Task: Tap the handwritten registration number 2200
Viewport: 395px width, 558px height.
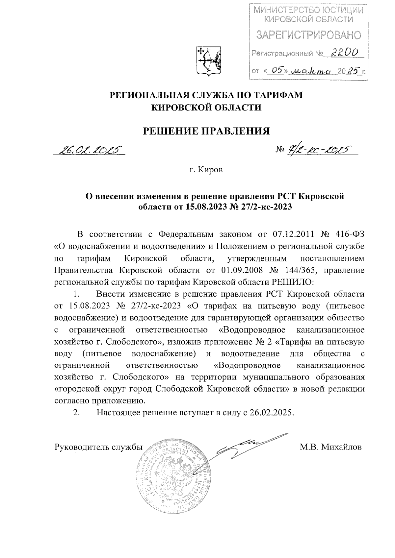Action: coord(345,52)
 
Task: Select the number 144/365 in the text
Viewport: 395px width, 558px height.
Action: coord(299,270)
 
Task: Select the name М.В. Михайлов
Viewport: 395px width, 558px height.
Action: coord(330,447)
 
